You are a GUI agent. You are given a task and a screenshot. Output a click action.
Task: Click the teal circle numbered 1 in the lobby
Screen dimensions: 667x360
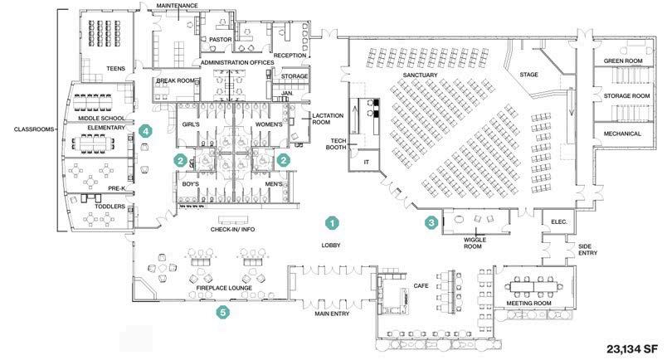(331, 223)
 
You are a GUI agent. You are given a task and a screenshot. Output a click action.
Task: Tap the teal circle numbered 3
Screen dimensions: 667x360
(431, 222)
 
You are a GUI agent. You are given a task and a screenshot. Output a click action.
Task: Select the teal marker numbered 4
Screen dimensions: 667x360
(145, 131)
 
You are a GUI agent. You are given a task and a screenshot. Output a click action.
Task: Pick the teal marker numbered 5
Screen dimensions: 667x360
(222, 313)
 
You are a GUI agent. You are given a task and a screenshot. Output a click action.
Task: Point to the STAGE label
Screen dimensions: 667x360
(528, 75)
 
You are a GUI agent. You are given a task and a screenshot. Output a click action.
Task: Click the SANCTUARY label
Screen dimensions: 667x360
(419, 75)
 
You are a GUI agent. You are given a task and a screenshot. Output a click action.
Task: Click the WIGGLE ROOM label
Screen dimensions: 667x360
(473, 242)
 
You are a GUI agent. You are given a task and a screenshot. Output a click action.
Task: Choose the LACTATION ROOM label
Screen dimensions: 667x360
(321, 119)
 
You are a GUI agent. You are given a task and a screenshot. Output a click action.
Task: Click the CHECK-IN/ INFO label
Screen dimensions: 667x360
(232, 229)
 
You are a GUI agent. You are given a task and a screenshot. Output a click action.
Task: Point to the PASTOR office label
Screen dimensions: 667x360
(220, 39)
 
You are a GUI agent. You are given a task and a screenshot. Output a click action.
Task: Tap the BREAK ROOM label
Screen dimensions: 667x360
(175, 80)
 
